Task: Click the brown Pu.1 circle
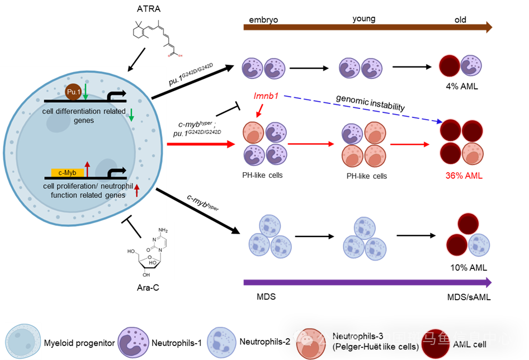pos(74,92)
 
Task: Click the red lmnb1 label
pos(266,96)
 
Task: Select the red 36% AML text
pos(464,176)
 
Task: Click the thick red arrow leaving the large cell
pos(201,144)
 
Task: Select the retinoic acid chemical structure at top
pos(157,39)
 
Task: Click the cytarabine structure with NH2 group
pos(148,251)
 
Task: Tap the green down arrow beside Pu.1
pos(86,92)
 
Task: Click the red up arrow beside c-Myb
pos(87,168)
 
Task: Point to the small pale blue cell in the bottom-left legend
pos(23,340)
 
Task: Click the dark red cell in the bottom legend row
pos(435,343)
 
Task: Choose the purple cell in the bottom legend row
pos(133,342)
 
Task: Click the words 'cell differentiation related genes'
pos(84,116)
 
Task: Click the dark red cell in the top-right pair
pos(449,65)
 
